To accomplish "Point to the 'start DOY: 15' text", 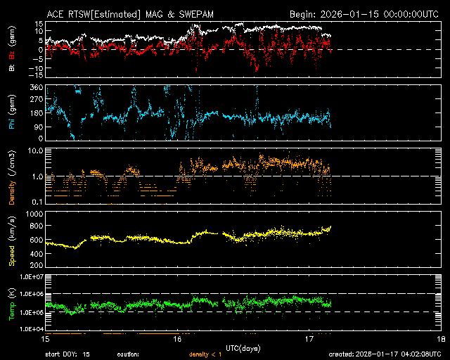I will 67,354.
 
